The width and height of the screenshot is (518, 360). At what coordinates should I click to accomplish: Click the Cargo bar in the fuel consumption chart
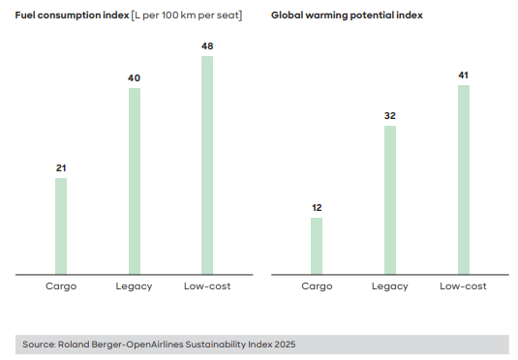(61, 225)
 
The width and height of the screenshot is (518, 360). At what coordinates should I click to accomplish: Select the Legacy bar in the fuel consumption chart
(135, 181)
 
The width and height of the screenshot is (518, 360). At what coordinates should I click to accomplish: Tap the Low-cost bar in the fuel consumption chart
(207, 165)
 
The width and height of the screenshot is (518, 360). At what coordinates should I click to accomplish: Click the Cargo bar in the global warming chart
(317, 246)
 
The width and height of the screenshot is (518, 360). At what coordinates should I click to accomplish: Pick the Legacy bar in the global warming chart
(390, 199)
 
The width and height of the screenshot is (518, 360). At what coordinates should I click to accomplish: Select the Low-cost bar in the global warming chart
(463, 179)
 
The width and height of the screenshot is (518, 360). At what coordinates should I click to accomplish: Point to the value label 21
(61, 168)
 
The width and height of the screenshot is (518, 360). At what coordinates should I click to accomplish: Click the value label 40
(135, 78)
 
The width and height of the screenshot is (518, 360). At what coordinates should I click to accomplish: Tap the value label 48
(207, 45)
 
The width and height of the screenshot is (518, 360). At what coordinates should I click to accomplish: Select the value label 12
(317, 207)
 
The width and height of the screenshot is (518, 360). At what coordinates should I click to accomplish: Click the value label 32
(390, 116)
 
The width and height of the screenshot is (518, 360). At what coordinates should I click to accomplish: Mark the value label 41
(463, 75)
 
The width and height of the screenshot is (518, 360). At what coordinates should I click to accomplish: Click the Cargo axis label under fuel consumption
(61, 286)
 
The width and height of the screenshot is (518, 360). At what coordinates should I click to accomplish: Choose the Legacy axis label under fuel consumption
(135, 286)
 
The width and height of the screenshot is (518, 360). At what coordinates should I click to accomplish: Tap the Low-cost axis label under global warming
(463, 286)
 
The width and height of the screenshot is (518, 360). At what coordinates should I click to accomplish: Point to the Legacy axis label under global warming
(390, 286)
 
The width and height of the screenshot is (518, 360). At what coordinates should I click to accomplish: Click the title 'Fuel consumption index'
(73, 15)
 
